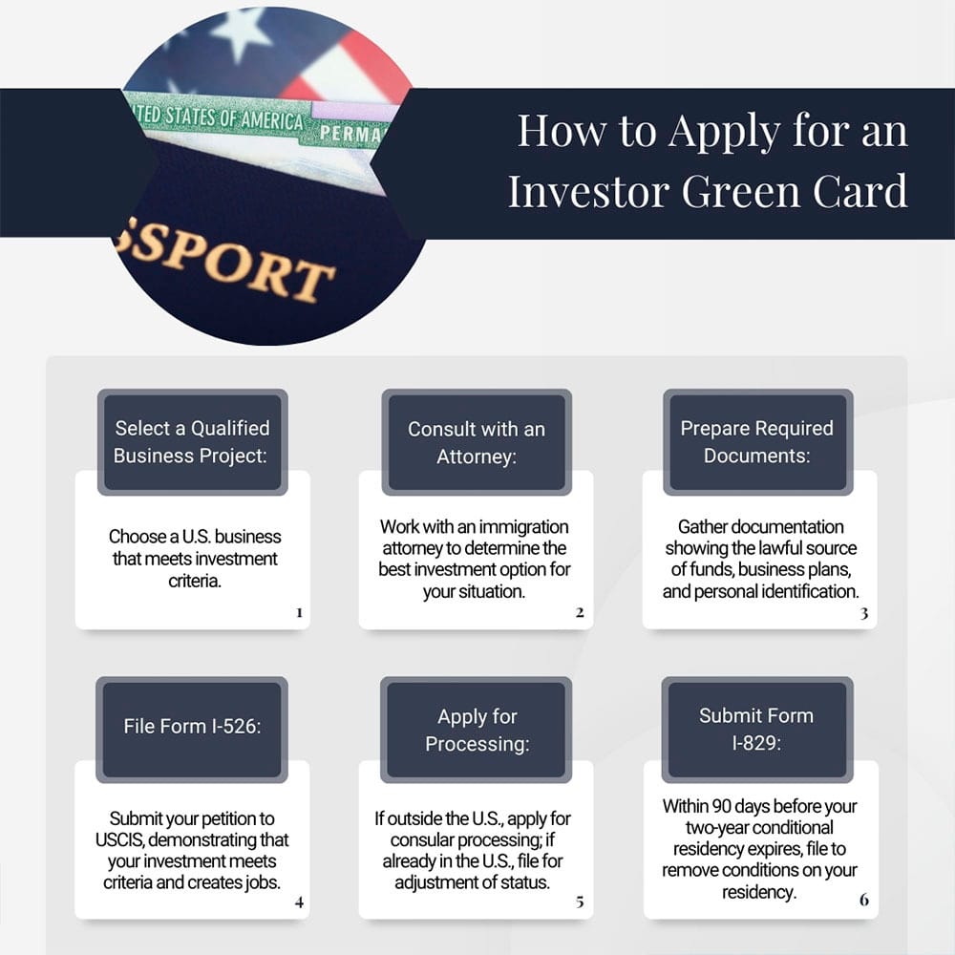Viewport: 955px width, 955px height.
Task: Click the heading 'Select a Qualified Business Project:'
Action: click(192, 441)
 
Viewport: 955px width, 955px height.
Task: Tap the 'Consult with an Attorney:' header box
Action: click(477, 442)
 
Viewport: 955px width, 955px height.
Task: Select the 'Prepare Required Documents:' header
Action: click(756, 441)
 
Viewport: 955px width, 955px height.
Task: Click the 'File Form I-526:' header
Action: click(192, 726)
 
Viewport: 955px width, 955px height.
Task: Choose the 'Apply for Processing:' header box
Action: click(477, 730)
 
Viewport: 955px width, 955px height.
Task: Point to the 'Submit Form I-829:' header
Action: click(756, 729)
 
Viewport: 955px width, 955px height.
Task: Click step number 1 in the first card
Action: click(299, 612)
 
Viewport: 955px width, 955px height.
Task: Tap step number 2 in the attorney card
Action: click(580, 612)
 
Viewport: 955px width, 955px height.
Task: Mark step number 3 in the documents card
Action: click(864, 613)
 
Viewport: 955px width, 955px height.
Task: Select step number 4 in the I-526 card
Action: click(299, 901)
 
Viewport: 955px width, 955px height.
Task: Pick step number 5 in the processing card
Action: click(580, 901)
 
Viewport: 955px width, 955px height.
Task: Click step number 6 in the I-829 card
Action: click(864, 900)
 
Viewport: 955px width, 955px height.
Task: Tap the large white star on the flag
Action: click(240, 33)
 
